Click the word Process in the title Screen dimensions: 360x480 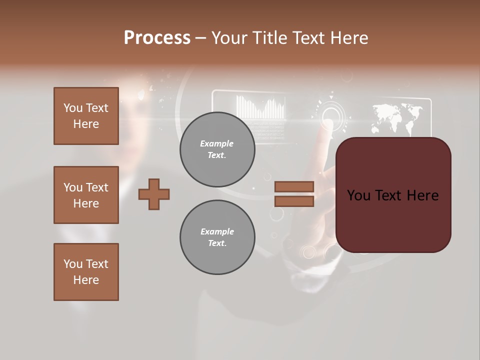coord(157,38)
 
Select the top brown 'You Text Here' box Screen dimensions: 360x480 coord(86,116)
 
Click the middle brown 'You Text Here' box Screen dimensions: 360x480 coord(86,195)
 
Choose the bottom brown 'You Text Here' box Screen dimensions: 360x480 coord(86,272)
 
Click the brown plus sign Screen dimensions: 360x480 coord(154,194)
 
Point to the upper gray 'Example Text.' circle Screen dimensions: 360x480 coord(217,149)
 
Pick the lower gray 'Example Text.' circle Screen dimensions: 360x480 coord(217,237)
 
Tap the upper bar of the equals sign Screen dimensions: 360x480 coord(294,187)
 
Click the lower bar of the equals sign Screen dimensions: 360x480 coord(294,201)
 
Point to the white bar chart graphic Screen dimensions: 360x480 coord(260,107)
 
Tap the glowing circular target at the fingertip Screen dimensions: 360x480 coord(329,114)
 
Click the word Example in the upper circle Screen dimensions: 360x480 coord(217,143)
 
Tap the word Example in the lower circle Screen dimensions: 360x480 coord(217,231)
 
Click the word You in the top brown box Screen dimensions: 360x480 coord(73,108)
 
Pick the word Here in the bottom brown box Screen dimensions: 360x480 coord(86,280)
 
